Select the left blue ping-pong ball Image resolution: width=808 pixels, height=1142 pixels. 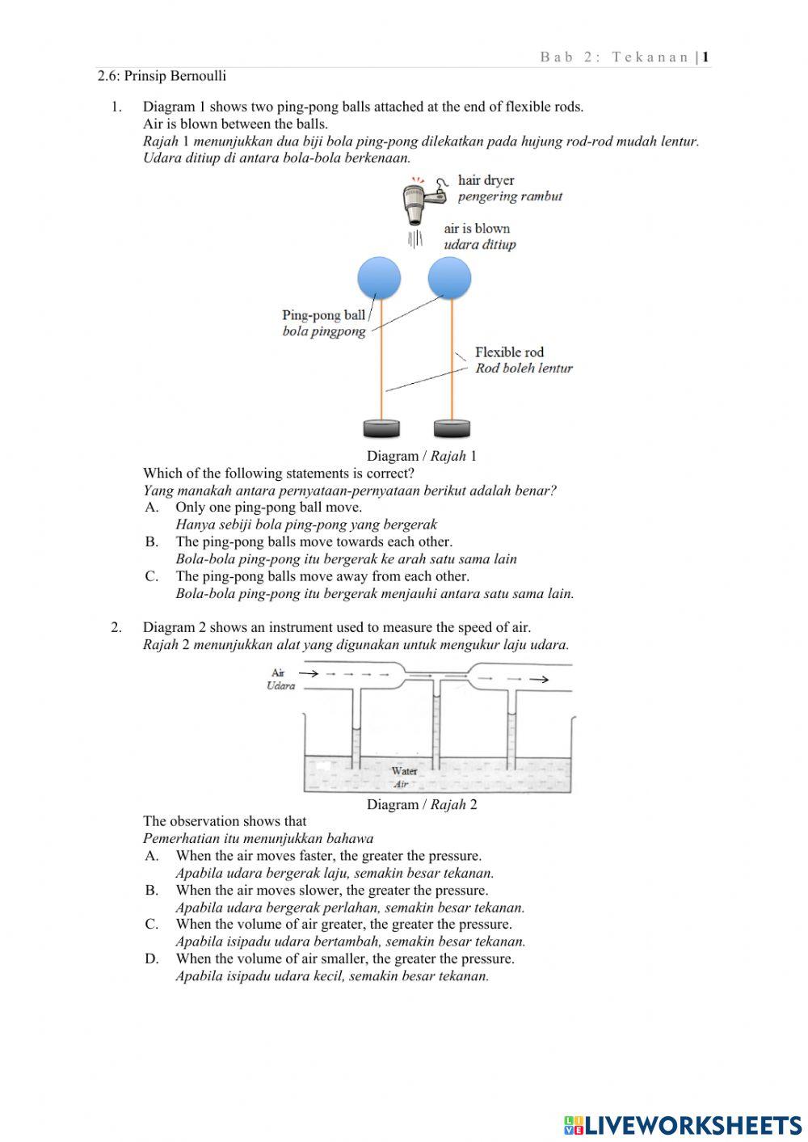point(379,278)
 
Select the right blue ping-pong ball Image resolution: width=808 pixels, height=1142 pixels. point(449,278)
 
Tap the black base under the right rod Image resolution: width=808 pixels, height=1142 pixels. point(452,428)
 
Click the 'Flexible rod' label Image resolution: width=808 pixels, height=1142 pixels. point(509,352)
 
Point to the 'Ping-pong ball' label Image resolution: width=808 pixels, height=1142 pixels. point(323,315)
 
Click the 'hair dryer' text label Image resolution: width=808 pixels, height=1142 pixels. point(486,180)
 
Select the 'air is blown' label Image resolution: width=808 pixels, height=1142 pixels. point(477,229)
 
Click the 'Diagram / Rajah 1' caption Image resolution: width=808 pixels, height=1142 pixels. point(421,456)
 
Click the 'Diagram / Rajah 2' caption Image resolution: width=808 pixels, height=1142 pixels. point(421,804)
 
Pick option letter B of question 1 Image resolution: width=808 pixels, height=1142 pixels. point(152,542)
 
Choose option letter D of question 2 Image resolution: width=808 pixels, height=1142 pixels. point(152,959)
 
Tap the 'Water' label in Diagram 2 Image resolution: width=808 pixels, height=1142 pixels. point(404,771)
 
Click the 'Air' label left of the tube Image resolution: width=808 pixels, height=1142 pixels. point(278,672)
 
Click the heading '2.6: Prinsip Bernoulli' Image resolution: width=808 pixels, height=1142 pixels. point(162,77)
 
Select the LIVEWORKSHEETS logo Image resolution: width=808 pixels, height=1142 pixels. point(683,1124)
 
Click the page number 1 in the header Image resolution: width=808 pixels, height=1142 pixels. point(705,57)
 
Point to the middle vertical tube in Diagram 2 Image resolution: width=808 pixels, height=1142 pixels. point(436,723)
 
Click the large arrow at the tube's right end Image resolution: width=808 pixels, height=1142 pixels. point(539,680)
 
